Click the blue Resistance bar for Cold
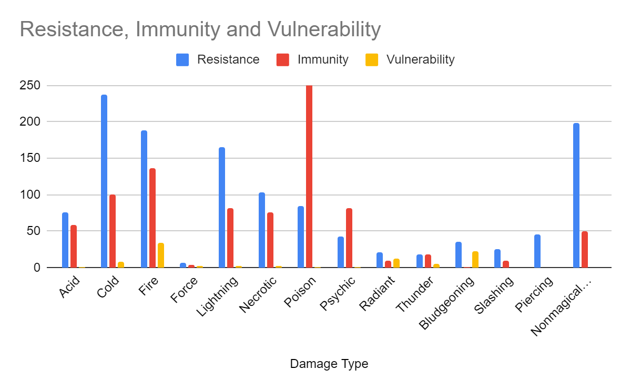click(x=104, y=181)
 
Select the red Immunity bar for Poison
click(x=309, y=176)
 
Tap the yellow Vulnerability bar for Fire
click(x=161, y=255)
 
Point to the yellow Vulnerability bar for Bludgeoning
click(x=475, y=260)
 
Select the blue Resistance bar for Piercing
click(x=537, y=251)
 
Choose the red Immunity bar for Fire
click(x=152, y=218)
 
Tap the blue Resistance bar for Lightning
click(x=222, y=208)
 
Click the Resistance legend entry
click(x=228, y=59)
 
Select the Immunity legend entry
click(x=322, y=59)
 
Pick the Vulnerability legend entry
click(x=420, y=59)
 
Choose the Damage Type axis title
click(x=329, y=364)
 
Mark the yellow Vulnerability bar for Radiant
click(x=396, y=263)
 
